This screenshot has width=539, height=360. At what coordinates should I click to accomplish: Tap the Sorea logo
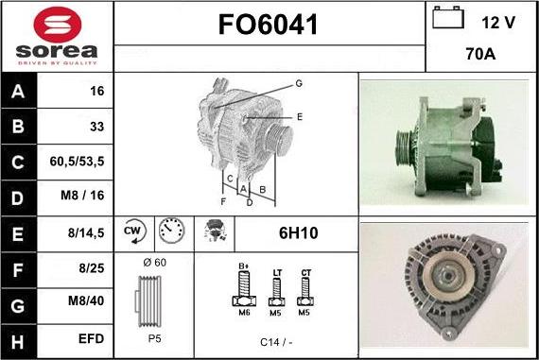[56, 37]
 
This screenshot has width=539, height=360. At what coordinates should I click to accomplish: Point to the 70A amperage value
[481, 55]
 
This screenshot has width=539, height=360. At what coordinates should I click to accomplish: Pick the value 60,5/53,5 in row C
[77, 162]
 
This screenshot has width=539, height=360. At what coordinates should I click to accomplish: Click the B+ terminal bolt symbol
[242, 288]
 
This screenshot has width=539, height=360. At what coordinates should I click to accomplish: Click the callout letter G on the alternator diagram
[299, 84]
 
